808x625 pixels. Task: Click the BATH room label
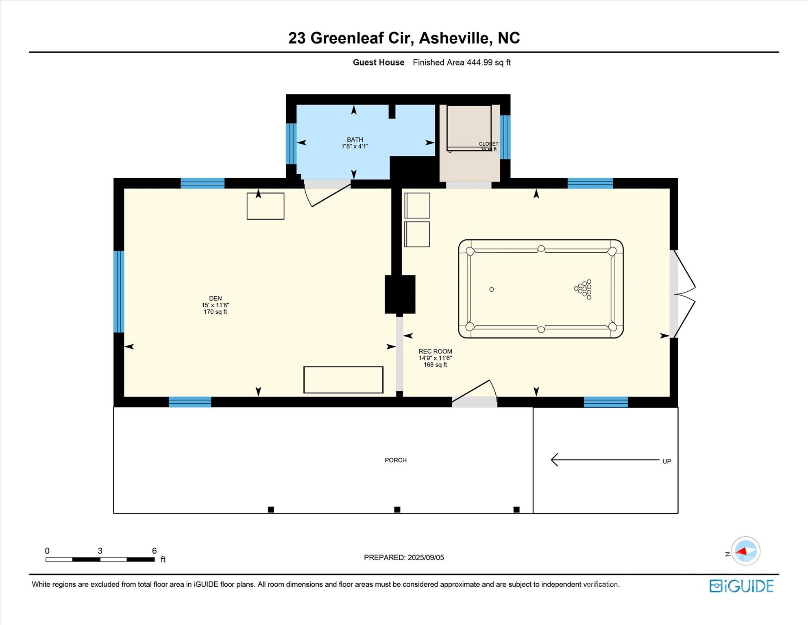click(x=355, y=140)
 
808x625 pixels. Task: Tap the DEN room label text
click(x=215, y=299)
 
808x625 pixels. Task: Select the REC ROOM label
click(x=435, y=352)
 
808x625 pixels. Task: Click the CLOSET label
click(x=488, y=144)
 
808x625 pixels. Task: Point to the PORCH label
click(x=395, y=460)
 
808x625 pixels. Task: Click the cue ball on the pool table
click(x=492, y=289)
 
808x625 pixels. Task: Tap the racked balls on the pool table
click(x=584, y=289)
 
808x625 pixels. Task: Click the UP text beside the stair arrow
click(x=666, y=461)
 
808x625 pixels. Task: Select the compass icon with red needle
click(x=745, y=551)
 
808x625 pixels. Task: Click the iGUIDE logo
click(x=741, y=586)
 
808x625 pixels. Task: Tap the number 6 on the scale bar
click(x=154, y=551)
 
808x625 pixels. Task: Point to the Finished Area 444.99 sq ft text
click(x=461, y=62)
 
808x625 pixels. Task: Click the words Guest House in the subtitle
click(x=378, y=62)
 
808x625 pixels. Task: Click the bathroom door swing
click(x=327, y=194)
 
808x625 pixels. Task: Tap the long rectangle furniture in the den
click(x=343, y=380)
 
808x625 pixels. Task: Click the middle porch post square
click(x=397, y=509)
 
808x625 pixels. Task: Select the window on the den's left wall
click(x=118, y=291)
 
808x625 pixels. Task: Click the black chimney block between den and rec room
click(x=400, y=294)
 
